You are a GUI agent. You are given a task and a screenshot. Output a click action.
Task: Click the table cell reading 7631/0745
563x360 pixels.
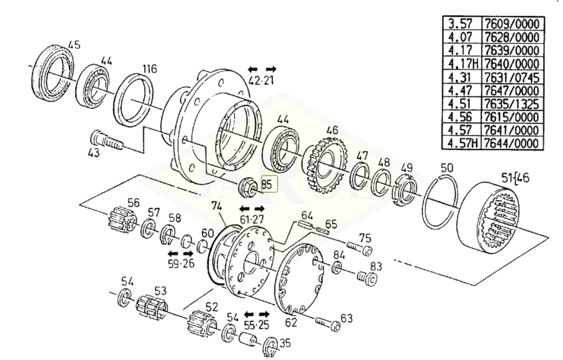(x=512, y=77)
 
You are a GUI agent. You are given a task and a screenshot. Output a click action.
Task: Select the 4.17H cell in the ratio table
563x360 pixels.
(x=463, y=64)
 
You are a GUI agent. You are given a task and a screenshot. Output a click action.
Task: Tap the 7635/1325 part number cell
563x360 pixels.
(x=512, y=104)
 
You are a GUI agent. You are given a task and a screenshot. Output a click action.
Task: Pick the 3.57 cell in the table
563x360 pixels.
(x=463, y=24)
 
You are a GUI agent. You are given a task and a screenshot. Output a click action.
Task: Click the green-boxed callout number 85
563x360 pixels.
(x=269, y=184)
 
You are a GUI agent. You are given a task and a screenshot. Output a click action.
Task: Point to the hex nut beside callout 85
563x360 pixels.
(x=247, y=186)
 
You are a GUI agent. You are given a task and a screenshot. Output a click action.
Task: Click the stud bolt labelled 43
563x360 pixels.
(x=106, y=141)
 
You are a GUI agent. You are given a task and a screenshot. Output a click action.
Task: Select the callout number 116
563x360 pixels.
(x=150, y=68)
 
